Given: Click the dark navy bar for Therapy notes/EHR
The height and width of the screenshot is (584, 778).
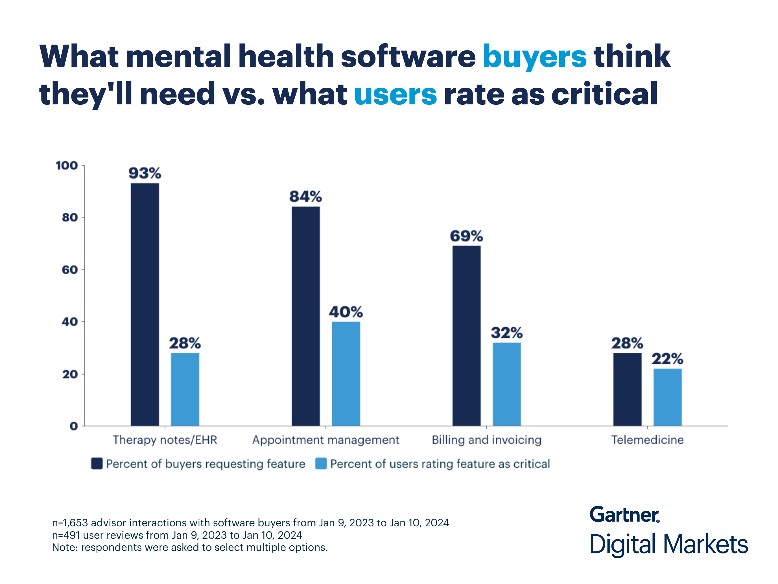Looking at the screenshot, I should click(x=145, y=305).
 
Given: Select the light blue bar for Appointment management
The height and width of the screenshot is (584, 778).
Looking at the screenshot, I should click(x=346, y=373).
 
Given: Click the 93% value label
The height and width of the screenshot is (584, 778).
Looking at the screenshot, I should click(x=145, y=173).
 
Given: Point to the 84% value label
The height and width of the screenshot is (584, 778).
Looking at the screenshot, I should click(x=305, y=196).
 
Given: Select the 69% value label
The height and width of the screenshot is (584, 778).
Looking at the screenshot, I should click(x=467, y=236).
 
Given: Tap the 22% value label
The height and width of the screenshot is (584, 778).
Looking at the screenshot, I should click(x=667, y=359).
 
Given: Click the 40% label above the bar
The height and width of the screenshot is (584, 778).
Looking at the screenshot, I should click(x=346, y=312).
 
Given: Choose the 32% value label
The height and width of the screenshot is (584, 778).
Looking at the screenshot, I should click(x=507, y=333).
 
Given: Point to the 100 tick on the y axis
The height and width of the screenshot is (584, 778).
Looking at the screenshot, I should click(x=67, y=166).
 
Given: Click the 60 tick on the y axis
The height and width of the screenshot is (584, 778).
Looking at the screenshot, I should click(x=70, y=270).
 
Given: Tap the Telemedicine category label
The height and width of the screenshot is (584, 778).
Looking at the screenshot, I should click(x=647, y=440).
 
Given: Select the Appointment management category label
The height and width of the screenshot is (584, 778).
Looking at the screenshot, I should click(x=326, y=440).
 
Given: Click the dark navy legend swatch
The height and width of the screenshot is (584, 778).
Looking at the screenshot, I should click(x=97, y=464).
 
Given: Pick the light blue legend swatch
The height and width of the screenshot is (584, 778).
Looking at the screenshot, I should click(x=321, y=464).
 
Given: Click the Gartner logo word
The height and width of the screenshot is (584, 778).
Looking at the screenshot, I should click(x=624, y=515).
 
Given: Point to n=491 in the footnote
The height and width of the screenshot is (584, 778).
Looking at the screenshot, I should click(x=66, y=535).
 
